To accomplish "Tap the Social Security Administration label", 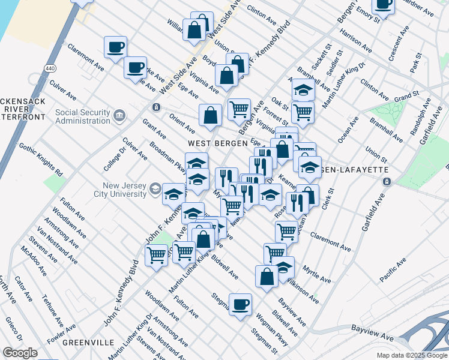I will [x=82, y=116].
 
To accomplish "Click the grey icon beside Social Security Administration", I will [x=119, y=115].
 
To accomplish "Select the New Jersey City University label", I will [x=120, y=190].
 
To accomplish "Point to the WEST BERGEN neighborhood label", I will [x=217, y=143].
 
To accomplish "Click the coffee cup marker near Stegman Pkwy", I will [x=241, y=305].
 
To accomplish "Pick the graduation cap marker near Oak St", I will [x=304, y=89].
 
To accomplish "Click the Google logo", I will [x=20, y=352].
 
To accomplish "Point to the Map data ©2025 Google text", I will [x=412, y=355].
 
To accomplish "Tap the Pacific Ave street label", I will [x=393, y=269].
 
